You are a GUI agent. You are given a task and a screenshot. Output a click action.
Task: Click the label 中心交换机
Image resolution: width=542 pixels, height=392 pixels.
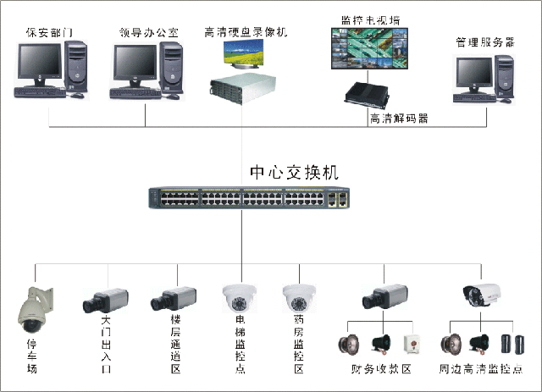pyautogui.click(x=294, y=172)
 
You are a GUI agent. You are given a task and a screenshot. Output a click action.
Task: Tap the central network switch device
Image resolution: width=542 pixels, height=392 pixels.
pyautogui.click(x=249, y=198)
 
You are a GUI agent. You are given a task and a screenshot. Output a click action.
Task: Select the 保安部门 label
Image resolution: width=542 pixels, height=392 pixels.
pyautogui.click(x=49, y=32)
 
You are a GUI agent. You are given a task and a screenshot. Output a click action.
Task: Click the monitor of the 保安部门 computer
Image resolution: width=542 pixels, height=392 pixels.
pyautogui.click(x=40, y=64)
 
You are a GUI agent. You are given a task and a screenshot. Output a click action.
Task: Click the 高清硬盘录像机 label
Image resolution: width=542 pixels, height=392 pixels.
pyautogui.click(x=246, y=32)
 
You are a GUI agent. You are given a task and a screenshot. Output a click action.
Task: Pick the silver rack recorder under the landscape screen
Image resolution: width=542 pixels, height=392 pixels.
pyautogui.click(x=243, y=88)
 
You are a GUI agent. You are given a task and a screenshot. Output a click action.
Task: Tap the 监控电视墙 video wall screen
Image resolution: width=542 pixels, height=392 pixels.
pyautogui.click(x=369, y=48)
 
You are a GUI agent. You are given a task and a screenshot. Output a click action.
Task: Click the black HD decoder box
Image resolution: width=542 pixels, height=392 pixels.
pyautogui.click(x=367, y=94)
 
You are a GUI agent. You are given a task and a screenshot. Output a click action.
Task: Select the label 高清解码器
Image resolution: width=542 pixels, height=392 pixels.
pyautogui.click(x=399, y=119)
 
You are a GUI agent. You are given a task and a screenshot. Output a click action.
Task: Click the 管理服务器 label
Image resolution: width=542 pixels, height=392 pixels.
pyautogui.click(x=485, y=42)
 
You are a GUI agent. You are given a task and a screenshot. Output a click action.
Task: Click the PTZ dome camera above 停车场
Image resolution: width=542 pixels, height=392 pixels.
pyautogui.click(x=36, y=310)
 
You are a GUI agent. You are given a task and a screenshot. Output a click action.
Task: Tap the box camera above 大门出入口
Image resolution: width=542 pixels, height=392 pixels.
pyautogui.click(x=105, y=300)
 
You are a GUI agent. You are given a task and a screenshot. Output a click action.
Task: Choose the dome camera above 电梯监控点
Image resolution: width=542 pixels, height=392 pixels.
pyautogui.click(x=239, y=298)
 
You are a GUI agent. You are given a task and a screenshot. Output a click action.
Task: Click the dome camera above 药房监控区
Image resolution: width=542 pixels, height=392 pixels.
pyautogui.click(x=299, y=298)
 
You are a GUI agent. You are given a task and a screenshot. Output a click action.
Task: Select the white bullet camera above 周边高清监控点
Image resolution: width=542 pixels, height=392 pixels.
pyautogui.click(x=482, y=295)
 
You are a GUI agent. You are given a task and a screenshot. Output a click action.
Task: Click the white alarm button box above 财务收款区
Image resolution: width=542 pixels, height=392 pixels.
pyautogui.click(x=412, y=344)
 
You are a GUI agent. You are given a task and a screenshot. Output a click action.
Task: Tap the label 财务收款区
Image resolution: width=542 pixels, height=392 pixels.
pyautogui.click(x=381, y=369)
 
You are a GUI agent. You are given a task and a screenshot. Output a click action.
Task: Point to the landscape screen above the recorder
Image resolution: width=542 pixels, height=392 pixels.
pyautogui.click(x=243, y=53)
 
